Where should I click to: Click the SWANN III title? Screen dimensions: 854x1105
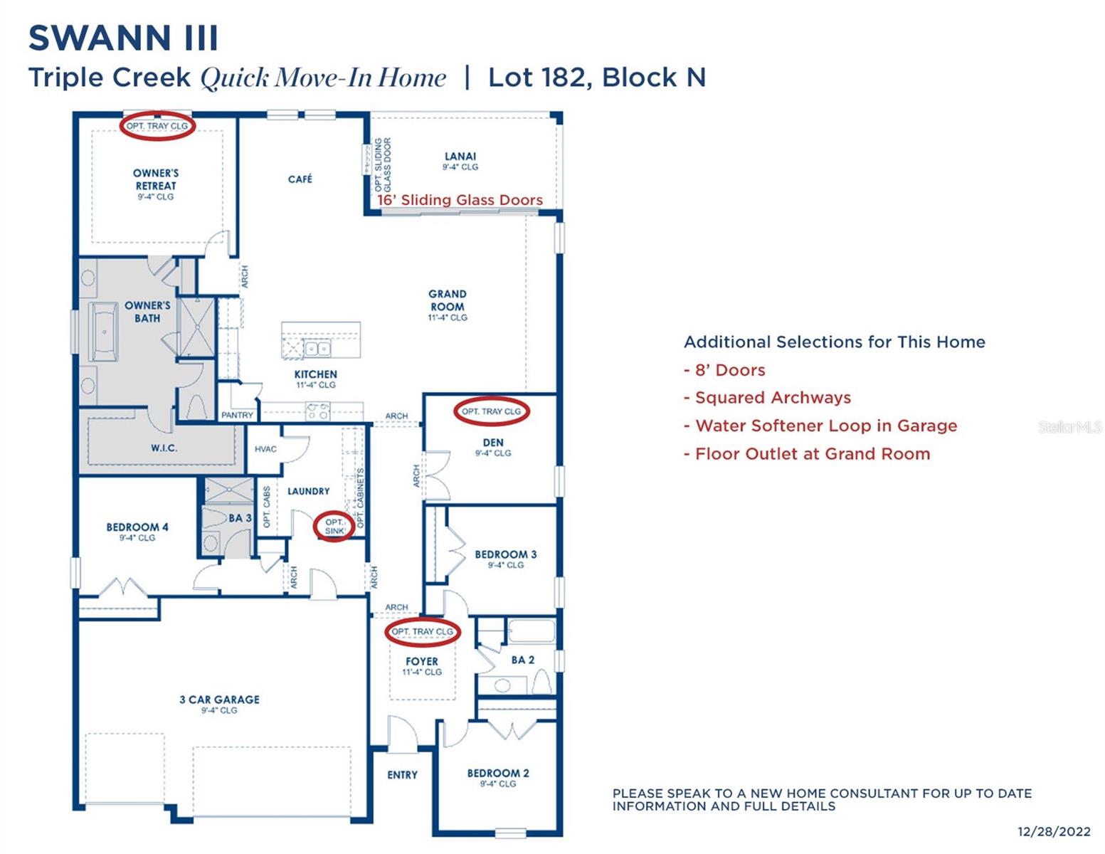point(123,38)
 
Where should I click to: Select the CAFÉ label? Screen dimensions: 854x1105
point(300,179)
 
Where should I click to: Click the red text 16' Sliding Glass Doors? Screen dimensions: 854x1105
point(460,200)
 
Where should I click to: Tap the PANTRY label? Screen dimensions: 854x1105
point(237,415)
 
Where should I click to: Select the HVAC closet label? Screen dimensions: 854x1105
point(265,449)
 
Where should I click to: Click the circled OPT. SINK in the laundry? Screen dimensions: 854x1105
point(334,527)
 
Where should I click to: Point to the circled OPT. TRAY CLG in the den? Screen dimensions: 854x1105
point(491,411)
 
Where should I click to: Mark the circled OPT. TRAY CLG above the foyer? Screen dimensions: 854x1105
point(422,632)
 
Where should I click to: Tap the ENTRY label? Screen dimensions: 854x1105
point(402,775)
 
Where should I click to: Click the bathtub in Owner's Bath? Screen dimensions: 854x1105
point(104,332)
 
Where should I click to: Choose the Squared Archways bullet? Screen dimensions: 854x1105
point(773,398)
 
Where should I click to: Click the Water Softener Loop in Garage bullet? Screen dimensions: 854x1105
point(825,426)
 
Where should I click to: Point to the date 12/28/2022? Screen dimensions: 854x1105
point(1054,831)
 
